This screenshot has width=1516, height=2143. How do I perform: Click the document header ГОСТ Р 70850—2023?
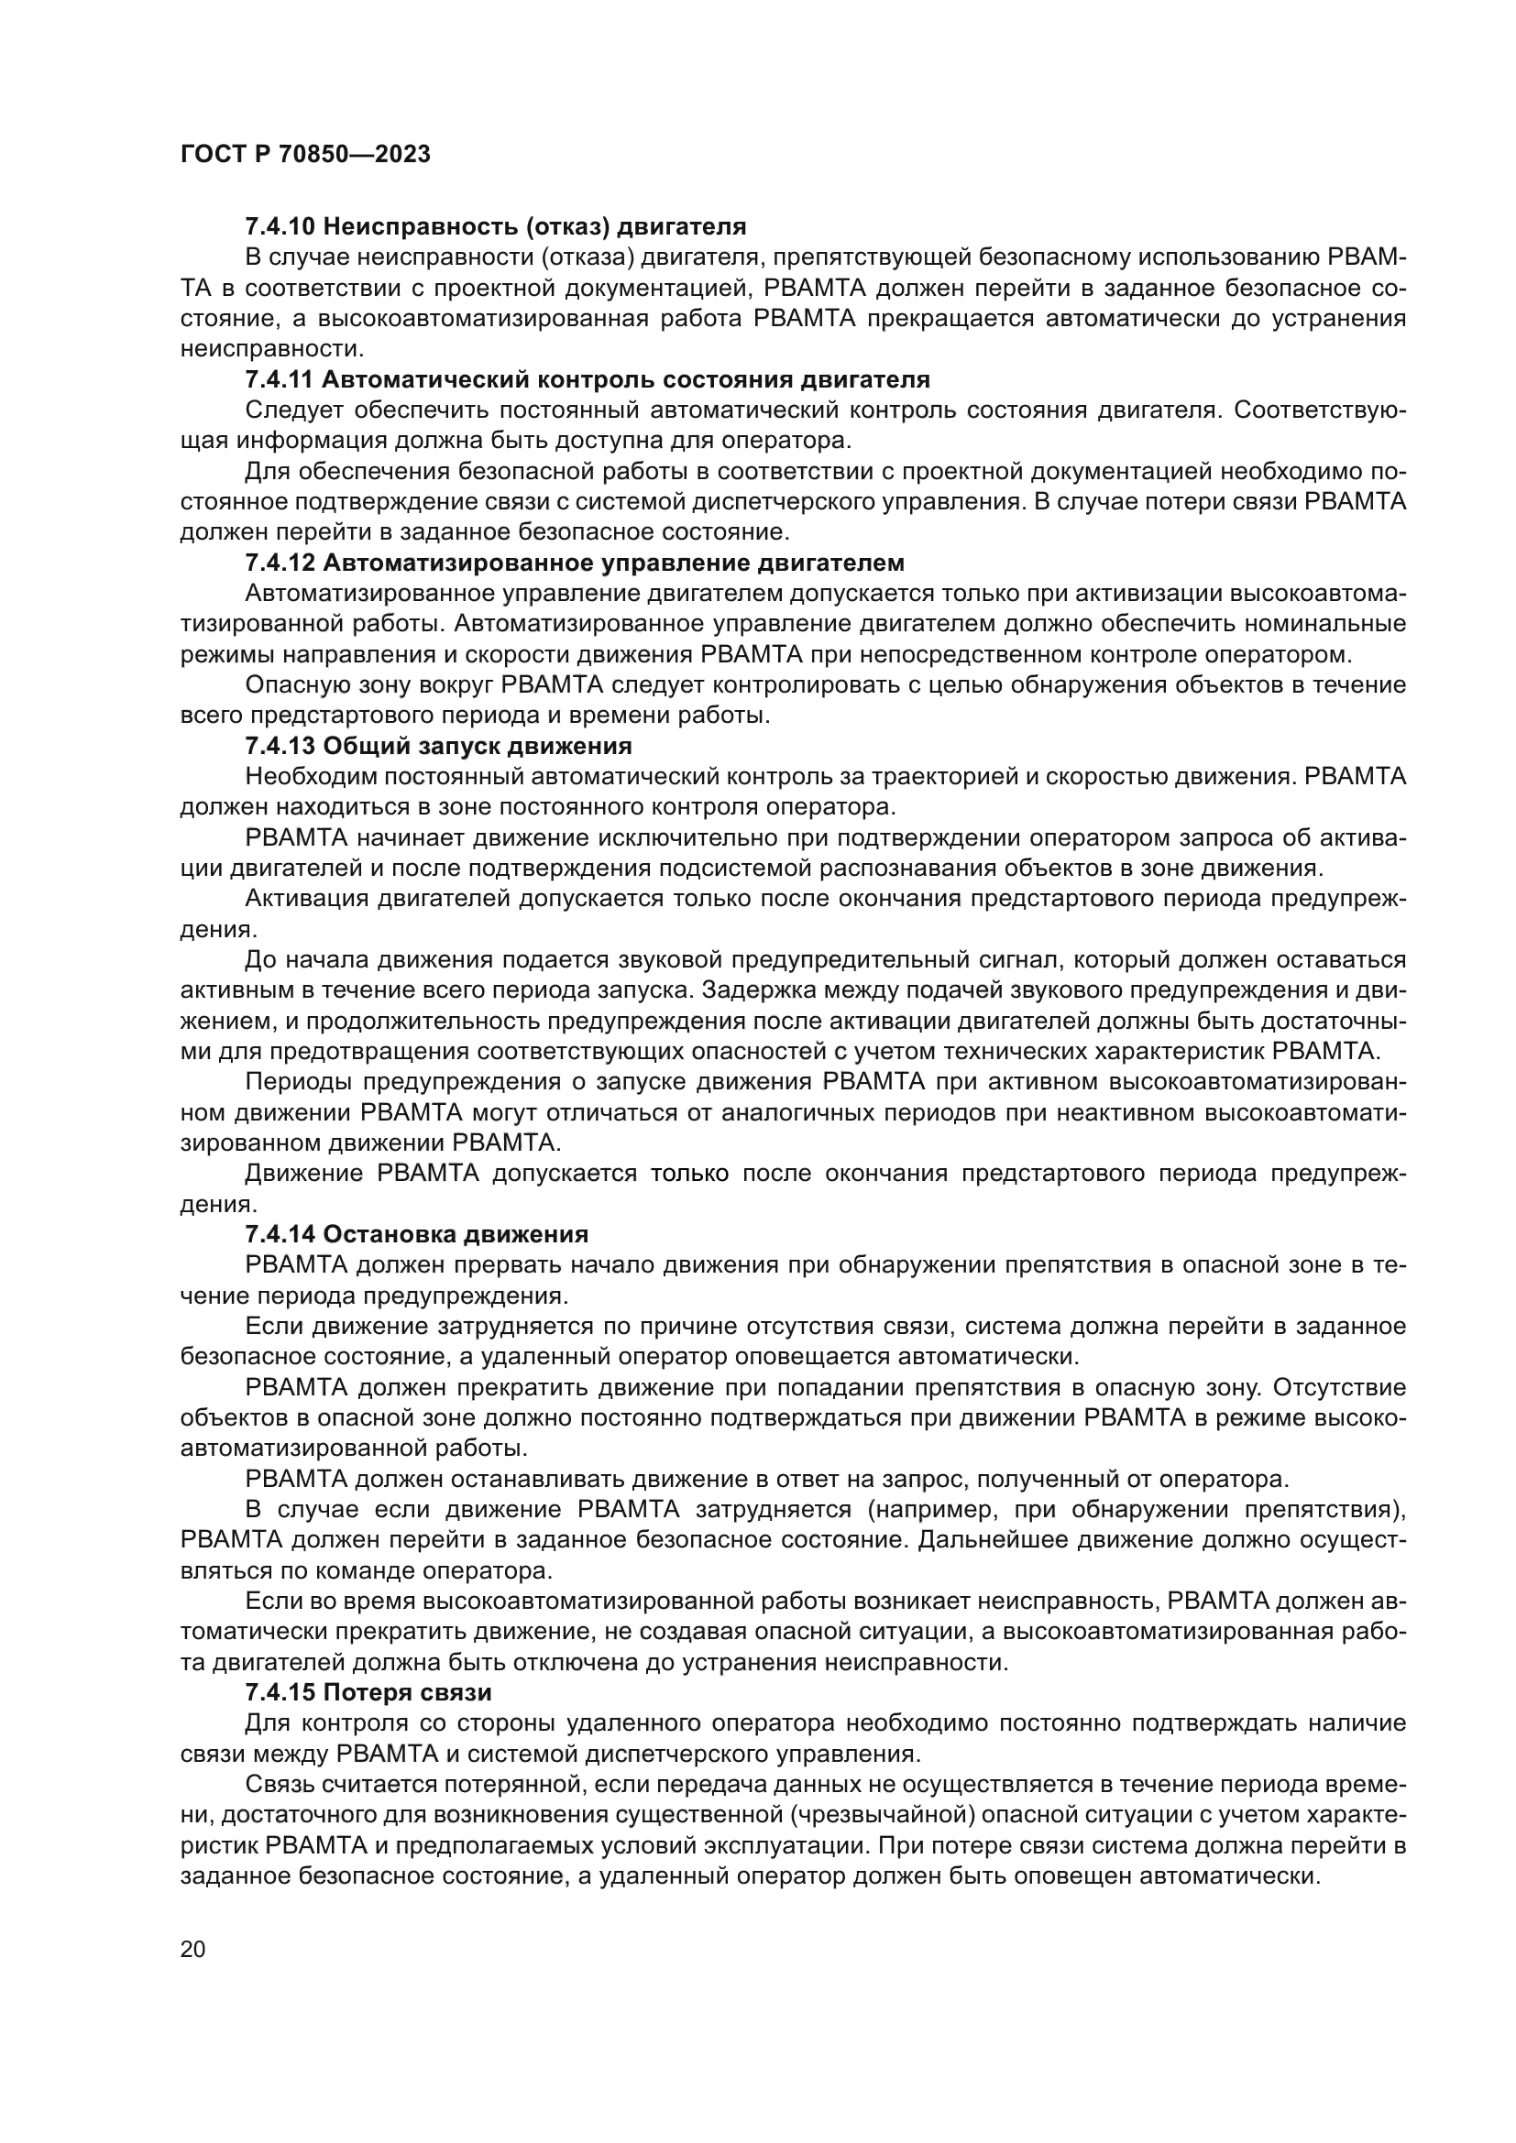[x=305, y=155]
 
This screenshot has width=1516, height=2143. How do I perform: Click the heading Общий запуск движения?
[x=477, y=746]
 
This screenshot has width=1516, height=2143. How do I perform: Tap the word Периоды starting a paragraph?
[x=298, y=1082]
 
